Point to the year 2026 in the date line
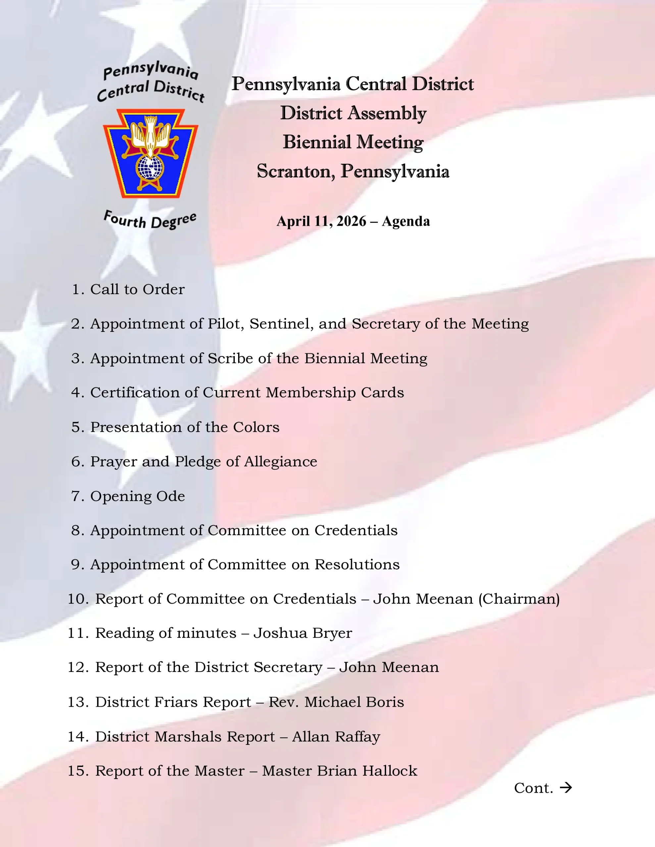point(351,221)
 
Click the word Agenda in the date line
point(406,221)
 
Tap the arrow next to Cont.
point(566,788)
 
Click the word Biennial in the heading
point(317,142)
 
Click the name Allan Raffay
point(336,736)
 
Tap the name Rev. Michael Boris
point(336,702)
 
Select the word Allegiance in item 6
point(280,462)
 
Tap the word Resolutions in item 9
point(357,564)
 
